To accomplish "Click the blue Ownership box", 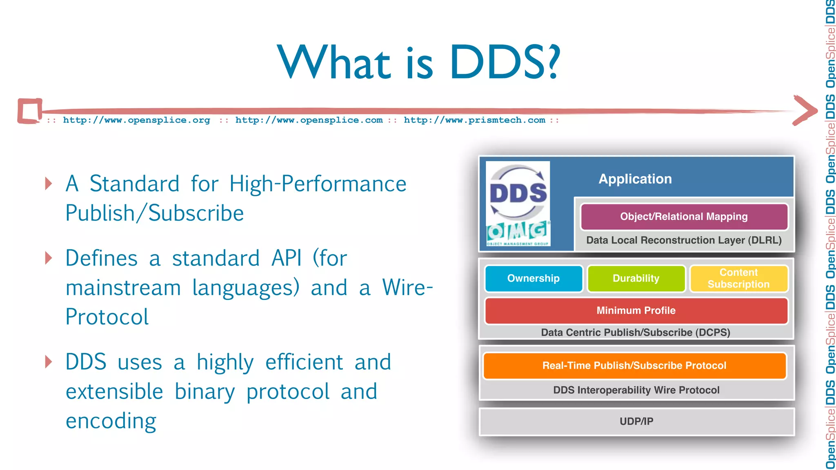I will point(534,279).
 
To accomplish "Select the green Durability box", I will point(636,279).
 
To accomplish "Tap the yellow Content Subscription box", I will point(738,279).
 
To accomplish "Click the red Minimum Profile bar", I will point(636,310).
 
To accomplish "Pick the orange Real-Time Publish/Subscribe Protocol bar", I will point(634,366).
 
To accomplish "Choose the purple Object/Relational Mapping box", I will point(684,217).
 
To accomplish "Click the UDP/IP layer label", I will point(636,421).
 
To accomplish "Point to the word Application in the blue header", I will point(635,179).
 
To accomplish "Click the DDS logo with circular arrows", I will point(518,192).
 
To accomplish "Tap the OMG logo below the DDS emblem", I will point(518,233).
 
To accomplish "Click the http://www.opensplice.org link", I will point(136,120).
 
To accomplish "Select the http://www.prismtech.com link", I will point(474,120).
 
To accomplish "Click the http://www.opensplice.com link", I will point(309,120).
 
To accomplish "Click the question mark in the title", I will point(553,62).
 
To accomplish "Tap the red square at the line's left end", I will point(30,111).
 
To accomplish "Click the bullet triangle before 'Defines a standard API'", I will point(49,258).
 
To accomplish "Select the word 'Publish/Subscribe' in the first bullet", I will point(155,213).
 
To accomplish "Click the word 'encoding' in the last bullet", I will point(111,421).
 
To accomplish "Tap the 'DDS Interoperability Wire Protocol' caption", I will point(636,390).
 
